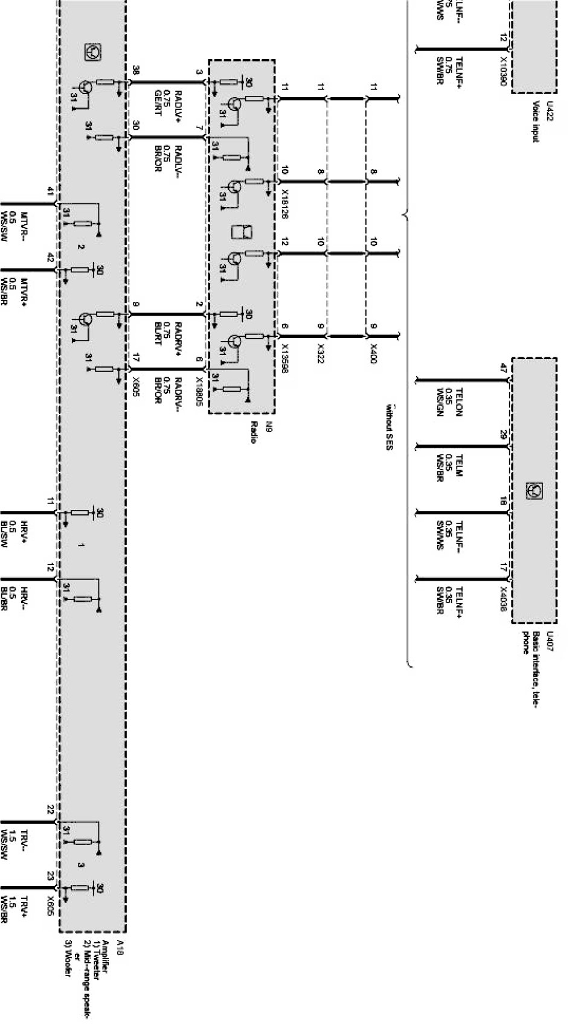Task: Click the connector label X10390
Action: [x=503, y=71]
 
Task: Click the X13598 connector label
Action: [x=284, y=358]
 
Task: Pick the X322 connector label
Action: [x=321, y=354]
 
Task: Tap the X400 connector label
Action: [x=373, y=354]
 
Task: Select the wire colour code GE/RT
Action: [x=158, y=101]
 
